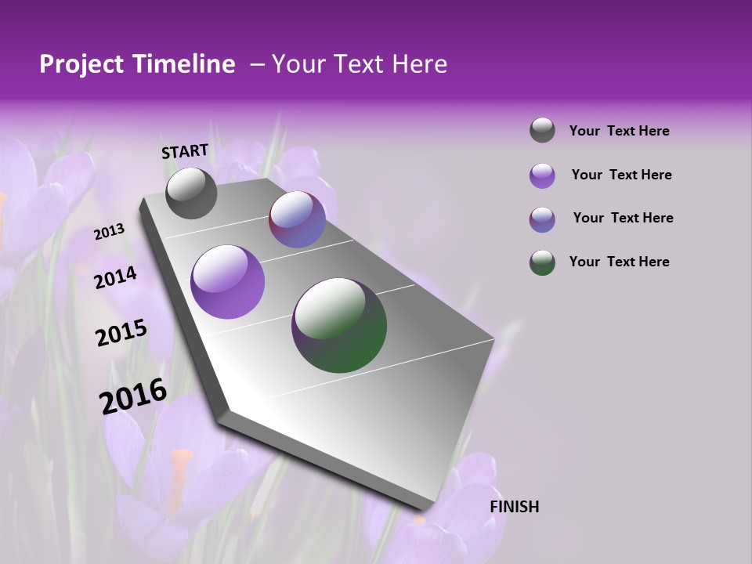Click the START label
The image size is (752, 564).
tap(185, 151)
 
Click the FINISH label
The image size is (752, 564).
tap(514, 507)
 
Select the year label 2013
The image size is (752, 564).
tap(109, 232)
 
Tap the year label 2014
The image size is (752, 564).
tap(115, 277)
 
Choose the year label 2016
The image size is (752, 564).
tap(133, 396)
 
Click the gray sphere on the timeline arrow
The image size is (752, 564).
tap(191, 193)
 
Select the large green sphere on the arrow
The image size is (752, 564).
tap(339, 325)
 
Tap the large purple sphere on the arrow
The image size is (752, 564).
tap(228, 282)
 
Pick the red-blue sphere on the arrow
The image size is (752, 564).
tap(297, 219)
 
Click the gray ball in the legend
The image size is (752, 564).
tap(542, 131)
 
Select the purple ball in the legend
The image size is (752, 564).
tap(542, 175)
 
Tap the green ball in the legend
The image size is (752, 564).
tap(542, 262)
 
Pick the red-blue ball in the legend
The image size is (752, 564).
tap(542, 219)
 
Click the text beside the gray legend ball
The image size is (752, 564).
tap(619, 131)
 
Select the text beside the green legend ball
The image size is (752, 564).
tap(619, 262)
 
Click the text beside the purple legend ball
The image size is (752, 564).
tap(621, 175)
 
